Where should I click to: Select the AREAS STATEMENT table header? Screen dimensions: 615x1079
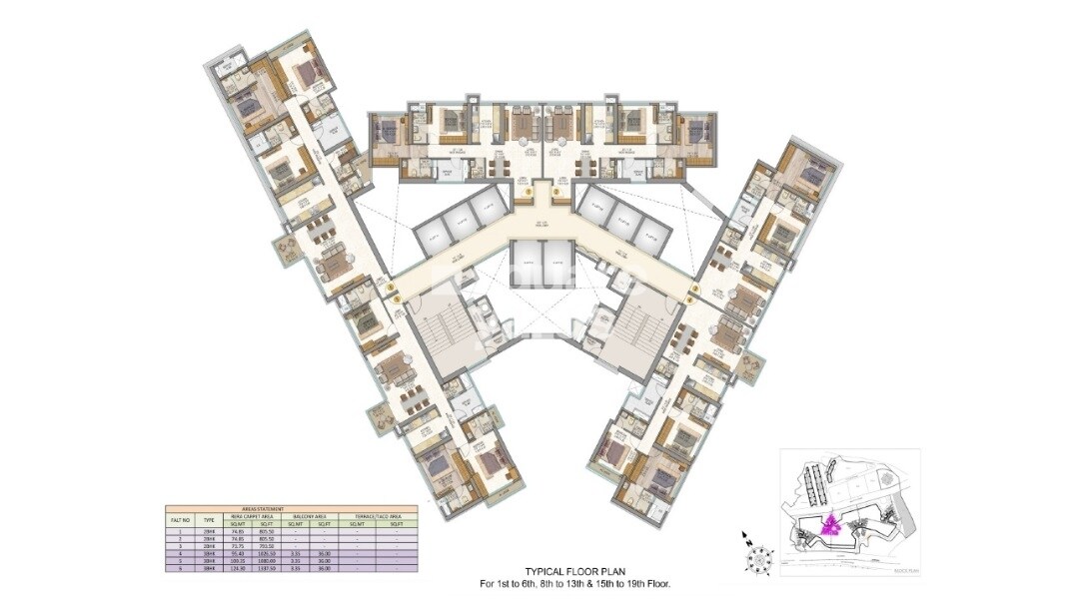(x=291, y=507)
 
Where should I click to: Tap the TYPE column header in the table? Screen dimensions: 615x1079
(x=209, y=519)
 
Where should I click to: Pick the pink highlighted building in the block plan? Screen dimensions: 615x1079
(x=828, y=525)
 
